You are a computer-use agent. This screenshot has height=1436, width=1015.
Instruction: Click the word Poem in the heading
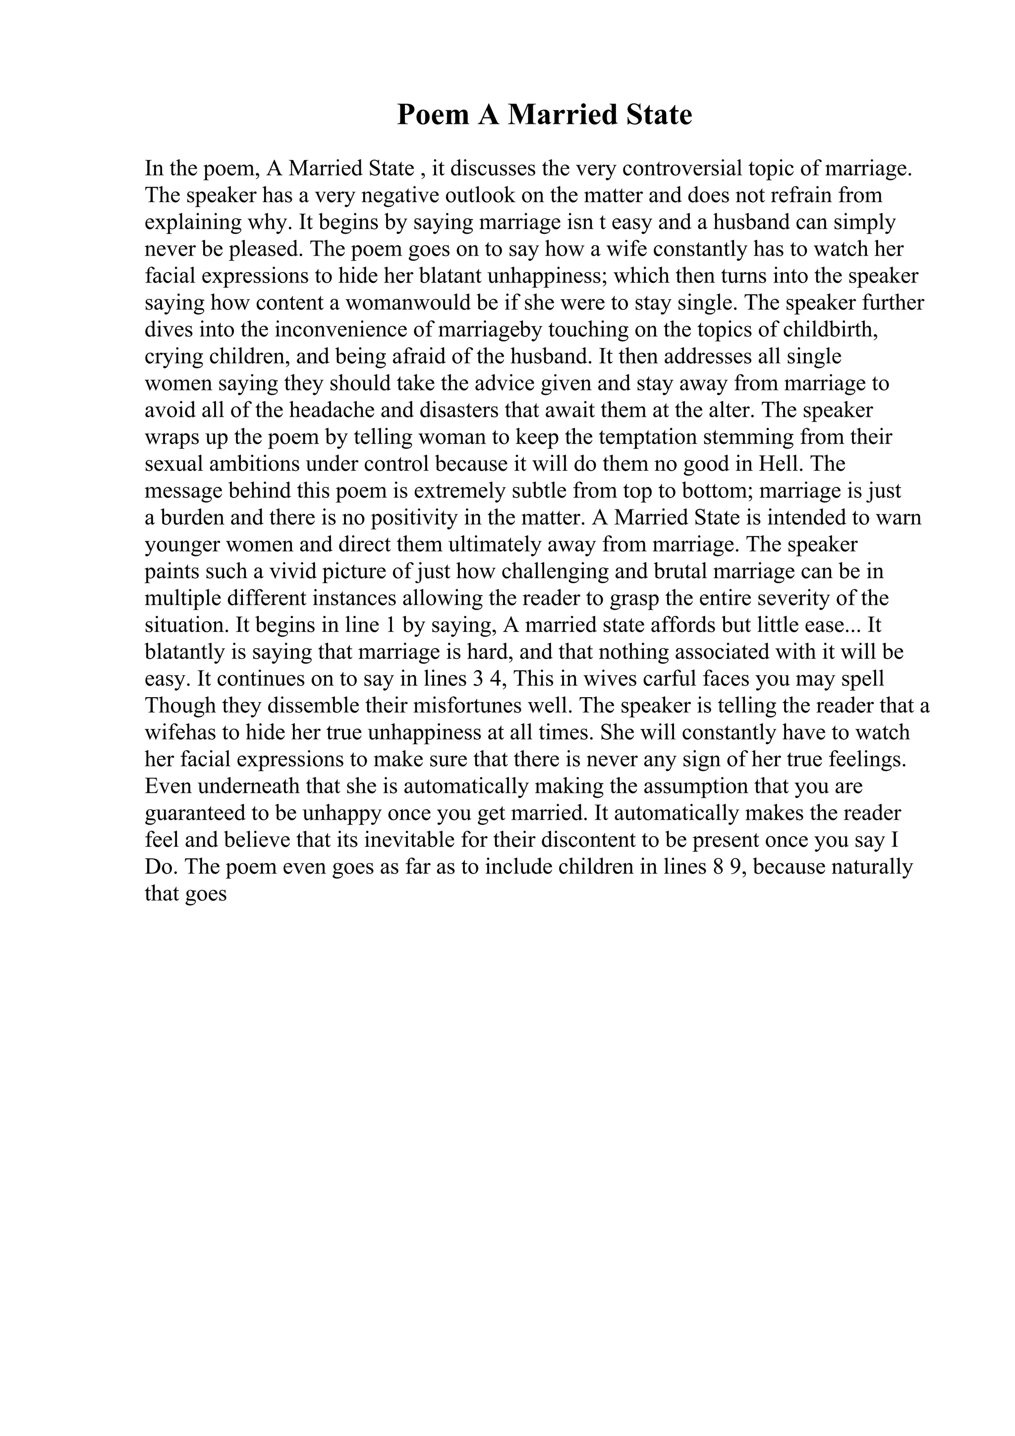(x=432, y=115)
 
